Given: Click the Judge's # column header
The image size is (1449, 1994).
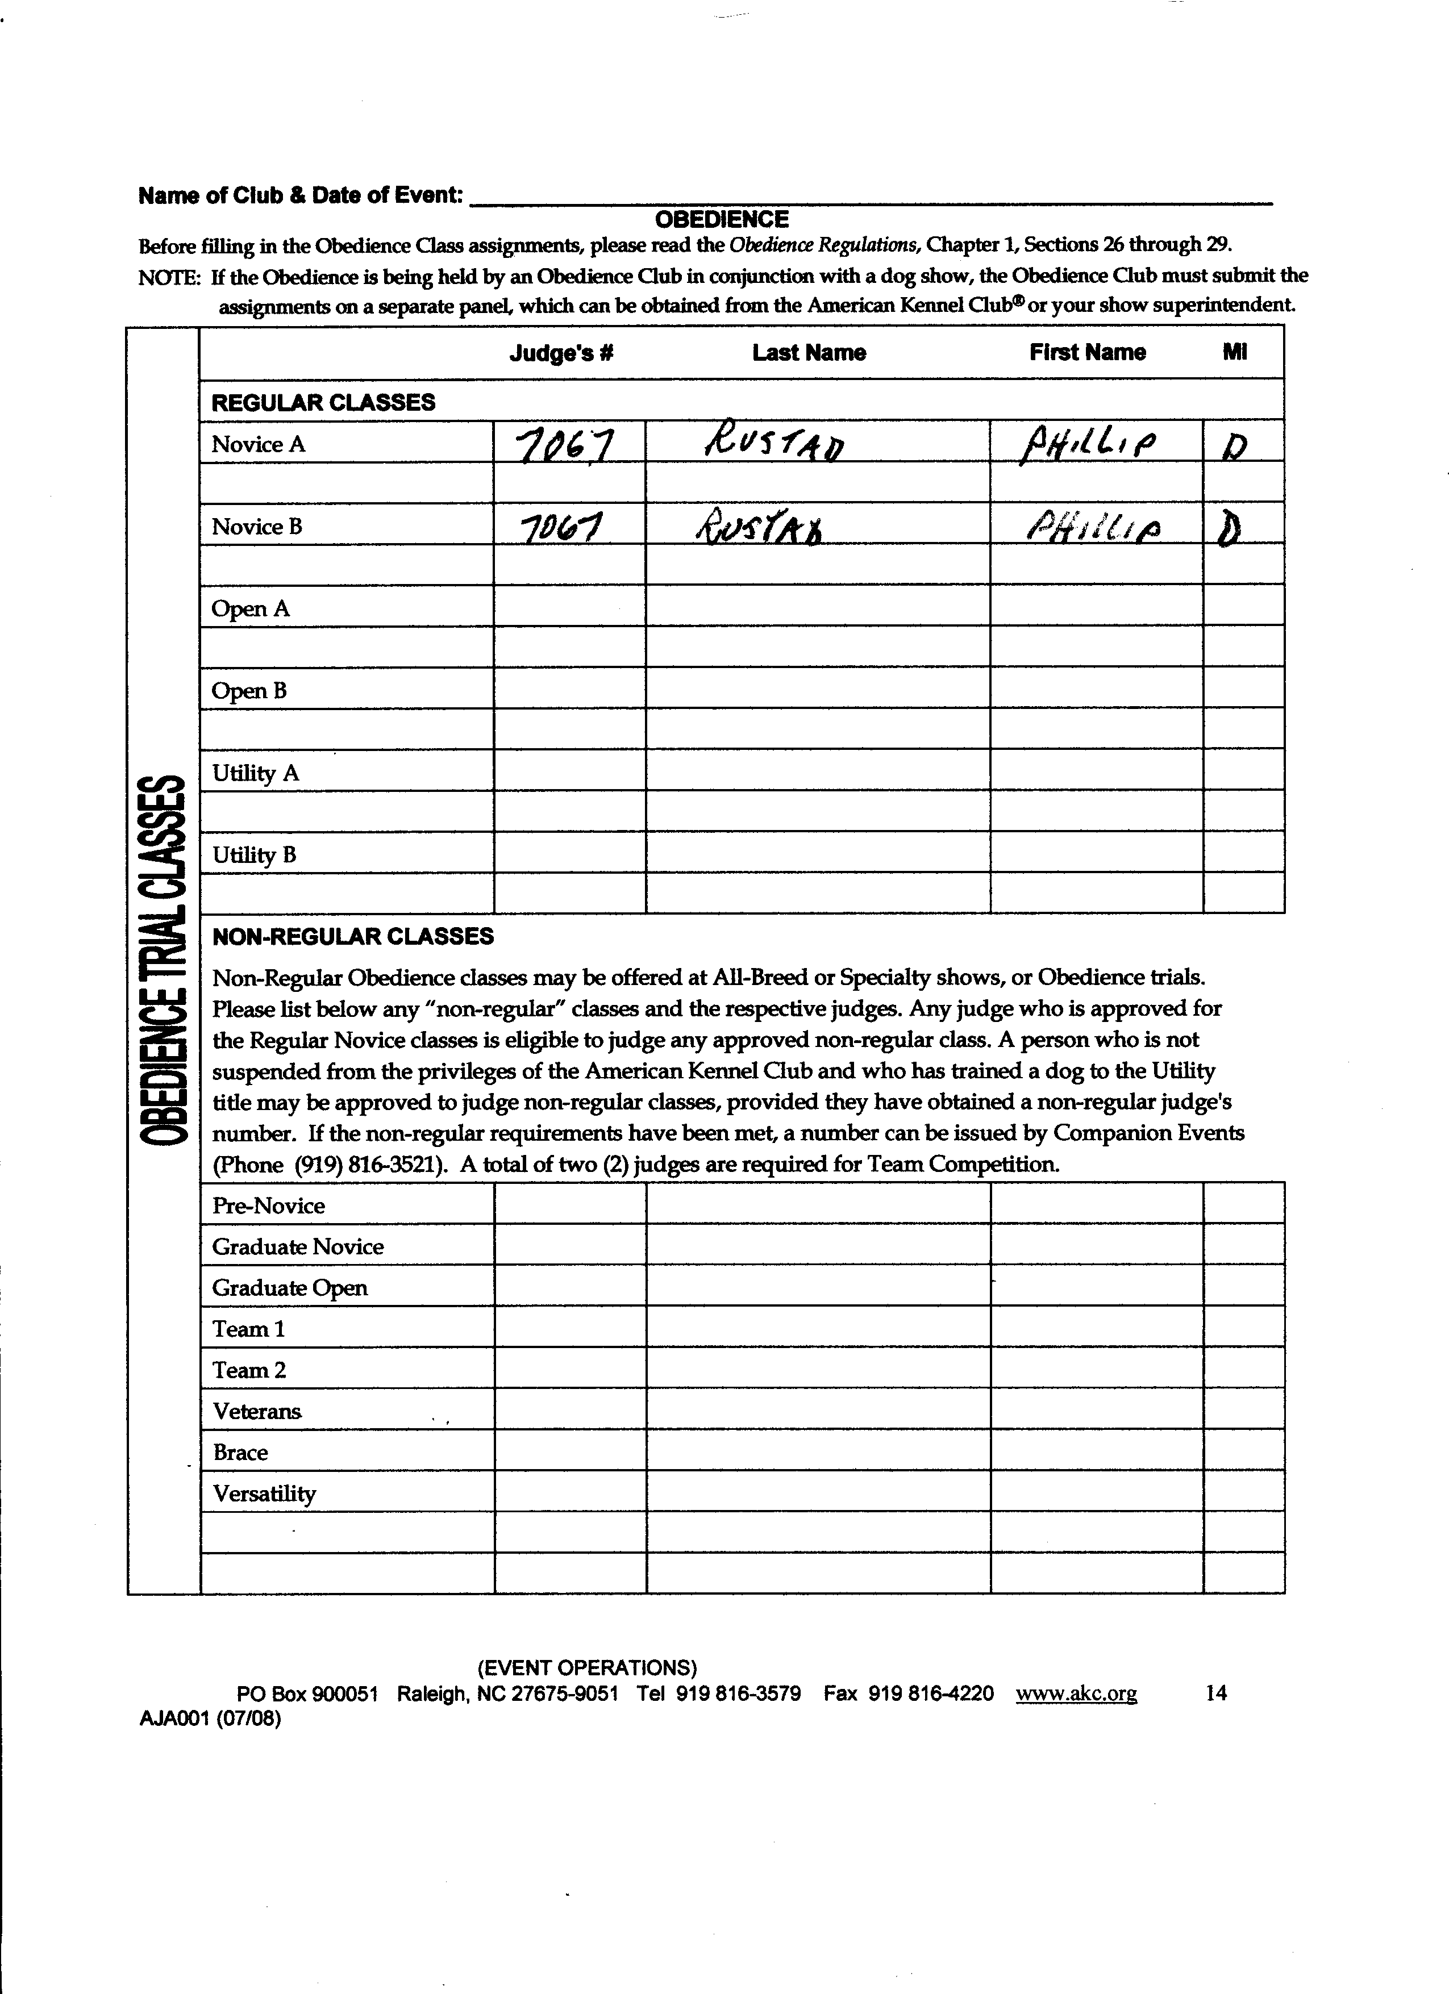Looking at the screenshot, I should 561,353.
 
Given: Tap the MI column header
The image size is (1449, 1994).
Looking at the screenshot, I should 1234,353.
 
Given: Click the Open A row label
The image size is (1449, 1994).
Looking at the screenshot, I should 251,609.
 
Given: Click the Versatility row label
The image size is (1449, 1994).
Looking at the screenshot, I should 264,1494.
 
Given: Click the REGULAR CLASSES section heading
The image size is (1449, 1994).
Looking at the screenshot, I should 323,403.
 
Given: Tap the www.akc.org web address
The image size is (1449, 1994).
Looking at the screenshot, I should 1076,1694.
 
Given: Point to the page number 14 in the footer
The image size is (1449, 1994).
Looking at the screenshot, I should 1216,1693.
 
